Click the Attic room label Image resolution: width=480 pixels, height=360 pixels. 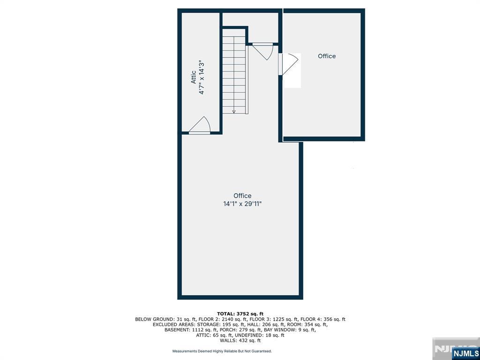coord(194,77)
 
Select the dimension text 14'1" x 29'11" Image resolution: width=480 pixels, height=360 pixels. coord(242,203)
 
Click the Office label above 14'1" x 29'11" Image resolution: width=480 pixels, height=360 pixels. coord(242,195)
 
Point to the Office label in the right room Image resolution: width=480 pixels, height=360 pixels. coord(327,56)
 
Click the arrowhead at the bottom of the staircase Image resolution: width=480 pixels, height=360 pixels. coord(234,112)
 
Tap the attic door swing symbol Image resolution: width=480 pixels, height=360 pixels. coord(200,126)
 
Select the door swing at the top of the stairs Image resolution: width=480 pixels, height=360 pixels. coord(263,52)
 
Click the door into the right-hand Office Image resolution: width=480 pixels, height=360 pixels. coord(288,64)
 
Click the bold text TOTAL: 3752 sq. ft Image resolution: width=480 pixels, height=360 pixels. coord(240,314)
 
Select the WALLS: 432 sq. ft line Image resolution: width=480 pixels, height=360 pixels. coord(240,340)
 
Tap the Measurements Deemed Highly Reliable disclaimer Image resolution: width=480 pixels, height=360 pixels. coord(222,351)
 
